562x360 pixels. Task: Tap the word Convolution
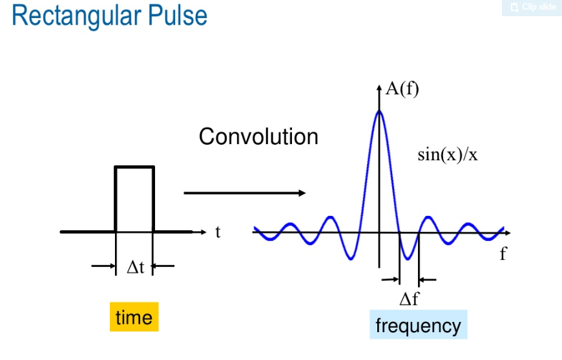[258, 136]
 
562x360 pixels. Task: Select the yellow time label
[134, 317]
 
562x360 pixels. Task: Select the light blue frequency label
[418, 325]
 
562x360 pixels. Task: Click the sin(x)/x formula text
[448, 154]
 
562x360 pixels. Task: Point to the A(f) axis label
[402, 89]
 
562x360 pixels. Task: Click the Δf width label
[409, 299]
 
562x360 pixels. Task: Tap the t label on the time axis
[218, 231]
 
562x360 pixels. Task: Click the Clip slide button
[532, 7]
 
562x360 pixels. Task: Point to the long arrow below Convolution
[245, 193]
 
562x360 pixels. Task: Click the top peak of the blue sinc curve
[379, 111]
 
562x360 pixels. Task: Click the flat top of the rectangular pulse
[134, 167]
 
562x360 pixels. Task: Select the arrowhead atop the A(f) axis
[379, 87]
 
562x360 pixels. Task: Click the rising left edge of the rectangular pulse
[116, 197]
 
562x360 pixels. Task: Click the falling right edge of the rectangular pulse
[153, 197]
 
